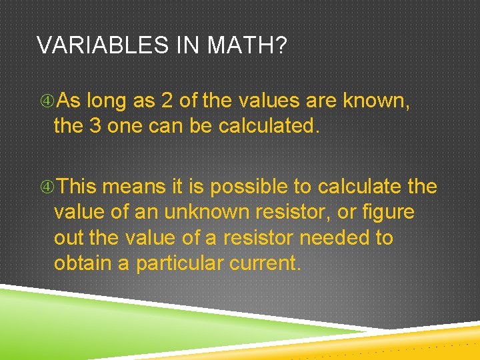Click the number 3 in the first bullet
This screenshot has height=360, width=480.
(x=95, y=126)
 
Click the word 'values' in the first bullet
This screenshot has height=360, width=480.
(x=269, y=101)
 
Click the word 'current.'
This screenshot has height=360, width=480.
(x=265, y=263)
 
